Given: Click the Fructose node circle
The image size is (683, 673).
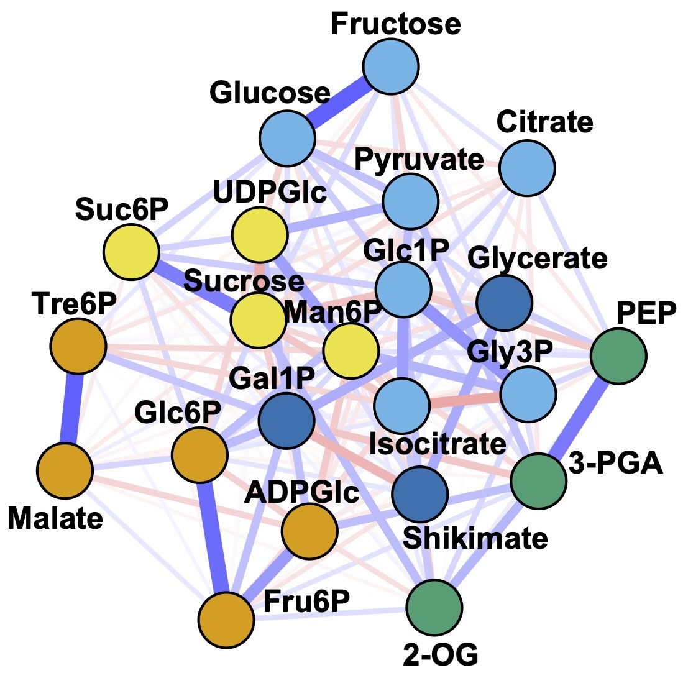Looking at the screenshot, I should [x=391, y=66].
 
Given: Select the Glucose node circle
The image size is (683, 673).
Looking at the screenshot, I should [x=287, y=139].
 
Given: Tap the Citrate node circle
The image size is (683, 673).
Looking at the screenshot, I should [x=528, y=168].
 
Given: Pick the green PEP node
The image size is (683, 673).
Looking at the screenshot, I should [x=618, y=356].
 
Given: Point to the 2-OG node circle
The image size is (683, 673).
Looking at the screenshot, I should [x=434, y=607].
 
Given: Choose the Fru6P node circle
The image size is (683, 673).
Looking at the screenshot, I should [x=227, y=620].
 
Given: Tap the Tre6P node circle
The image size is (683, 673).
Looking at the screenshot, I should [x=78, y=347].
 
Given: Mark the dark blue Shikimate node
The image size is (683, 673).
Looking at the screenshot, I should [x=419, y=493].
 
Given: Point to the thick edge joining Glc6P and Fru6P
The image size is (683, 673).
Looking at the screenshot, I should [x=213, y=538].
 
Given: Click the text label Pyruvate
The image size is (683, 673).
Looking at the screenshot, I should [x=418, y=160].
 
